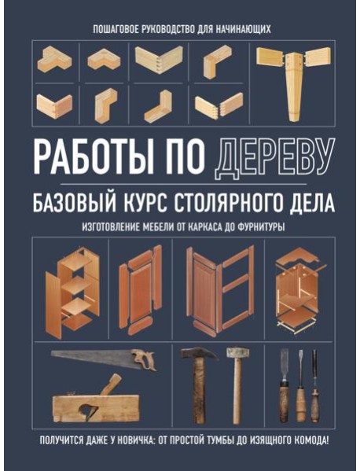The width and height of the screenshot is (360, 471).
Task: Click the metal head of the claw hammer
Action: (193, 355)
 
